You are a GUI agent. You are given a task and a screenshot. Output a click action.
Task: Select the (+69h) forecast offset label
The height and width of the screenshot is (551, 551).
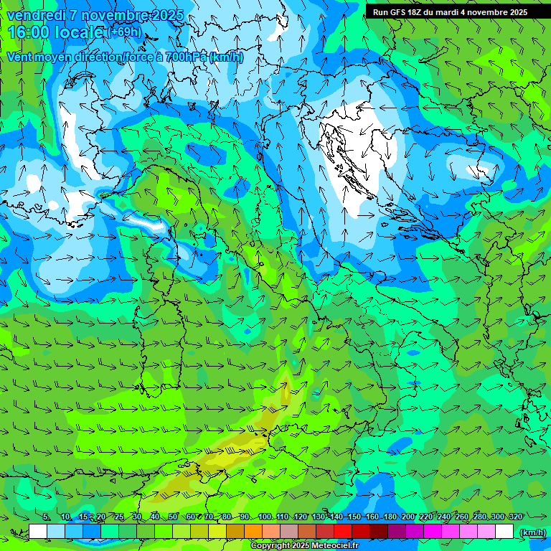126,33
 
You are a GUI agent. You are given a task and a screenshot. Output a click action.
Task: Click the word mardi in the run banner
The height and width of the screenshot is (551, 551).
451,12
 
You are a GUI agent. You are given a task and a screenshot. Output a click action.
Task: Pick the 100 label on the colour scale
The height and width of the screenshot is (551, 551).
265,517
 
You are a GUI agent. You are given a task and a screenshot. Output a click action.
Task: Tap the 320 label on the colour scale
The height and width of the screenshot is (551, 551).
515,517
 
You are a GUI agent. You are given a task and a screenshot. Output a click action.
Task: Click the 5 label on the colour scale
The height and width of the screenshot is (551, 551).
46,517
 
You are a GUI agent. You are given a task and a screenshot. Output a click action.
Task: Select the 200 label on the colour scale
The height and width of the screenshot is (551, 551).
408,517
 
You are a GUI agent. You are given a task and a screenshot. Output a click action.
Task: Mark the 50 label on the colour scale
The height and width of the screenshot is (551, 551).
173,517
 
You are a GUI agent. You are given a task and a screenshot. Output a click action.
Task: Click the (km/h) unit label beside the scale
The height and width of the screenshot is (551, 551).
532,532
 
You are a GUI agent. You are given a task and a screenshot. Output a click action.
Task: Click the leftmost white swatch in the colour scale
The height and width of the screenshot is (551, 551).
38,532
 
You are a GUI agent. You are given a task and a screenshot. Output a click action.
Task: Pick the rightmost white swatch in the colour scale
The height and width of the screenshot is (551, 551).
504,532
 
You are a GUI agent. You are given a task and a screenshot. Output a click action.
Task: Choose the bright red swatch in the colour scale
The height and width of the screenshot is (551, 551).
343,532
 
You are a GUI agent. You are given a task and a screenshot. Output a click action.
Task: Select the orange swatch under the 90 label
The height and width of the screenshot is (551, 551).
253,532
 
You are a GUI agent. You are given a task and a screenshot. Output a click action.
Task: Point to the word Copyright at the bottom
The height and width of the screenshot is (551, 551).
269,546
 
